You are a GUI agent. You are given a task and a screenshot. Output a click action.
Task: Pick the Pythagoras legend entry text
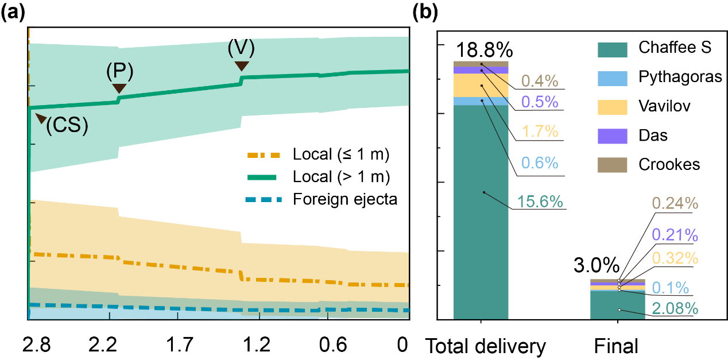tap(680, 76)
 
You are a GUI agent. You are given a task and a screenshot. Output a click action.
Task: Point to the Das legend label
tap(653, 136)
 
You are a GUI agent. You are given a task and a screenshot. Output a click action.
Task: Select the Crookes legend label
tap(669, 165)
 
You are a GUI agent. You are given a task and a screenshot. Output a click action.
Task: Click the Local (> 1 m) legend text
tap(341, 176)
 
